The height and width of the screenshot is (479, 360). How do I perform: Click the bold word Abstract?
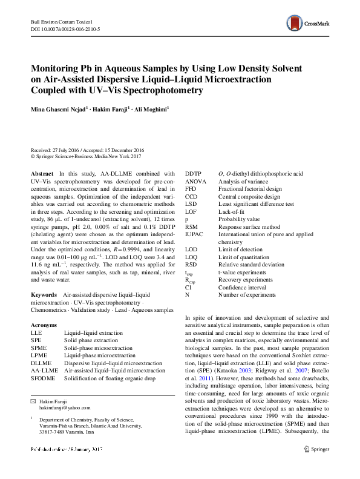(42, 173)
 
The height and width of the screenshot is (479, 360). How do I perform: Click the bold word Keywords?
(44, 294)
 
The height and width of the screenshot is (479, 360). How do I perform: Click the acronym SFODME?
(42, 378)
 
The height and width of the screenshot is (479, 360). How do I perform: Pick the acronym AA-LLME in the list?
(44, 370)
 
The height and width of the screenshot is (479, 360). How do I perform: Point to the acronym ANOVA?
(195, 181)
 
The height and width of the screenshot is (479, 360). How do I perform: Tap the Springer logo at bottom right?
(318, 466)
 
